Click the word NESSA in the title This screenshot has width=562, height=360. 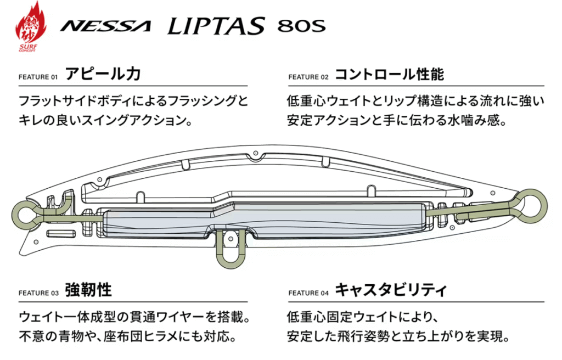(105, 26)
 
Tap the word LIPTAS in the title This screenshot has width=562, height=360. (216, 25)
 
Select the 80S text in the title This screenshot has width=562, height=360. (301, 26)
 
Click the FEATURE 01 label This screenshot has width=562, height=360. (38, 77)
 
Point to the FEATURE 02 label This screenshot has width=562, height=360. (308, 77)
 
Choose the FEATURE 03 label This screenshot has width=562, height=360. (38, 293)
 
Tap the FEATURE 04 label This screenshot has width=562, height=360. (308, 293)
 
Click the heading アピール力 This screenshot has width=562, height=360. (103, 74)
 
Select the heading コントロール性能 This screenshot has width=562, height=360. (390, 74)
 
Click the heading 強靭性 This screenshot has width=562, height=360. (88, 290)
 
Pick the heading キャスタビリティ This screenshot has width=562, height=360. (391, 290)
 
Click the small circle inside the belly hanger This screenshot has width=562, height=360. (231, 239)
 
